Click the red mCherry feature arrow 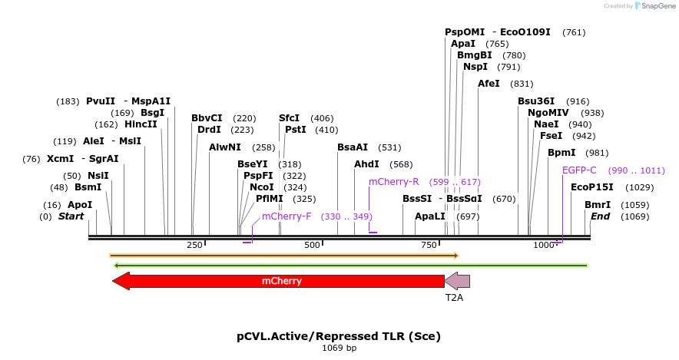point(281,281)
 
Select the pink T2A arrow point(458,281)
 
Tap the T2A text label point(455,296)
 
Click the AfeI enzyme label point(489,84)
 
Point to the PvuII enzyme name point(101,101)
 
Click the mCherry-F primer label point(287,216)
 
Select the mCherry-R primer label point(393,182)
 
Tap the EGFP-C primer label point(579,170)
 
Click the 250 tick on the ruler point(194,245)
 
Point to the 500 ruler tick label point(312,245)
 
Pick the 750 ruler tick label point(429,245)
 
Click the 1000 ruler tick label point(544,245)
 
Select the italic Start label point(71,216)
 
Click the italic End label point(600,216)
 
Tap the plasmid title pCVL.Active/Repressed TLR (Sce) point(339,336)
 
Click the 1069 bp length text point(339,348)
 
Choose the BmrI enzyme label point(598,205)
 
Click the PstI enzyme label point(296,130)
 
